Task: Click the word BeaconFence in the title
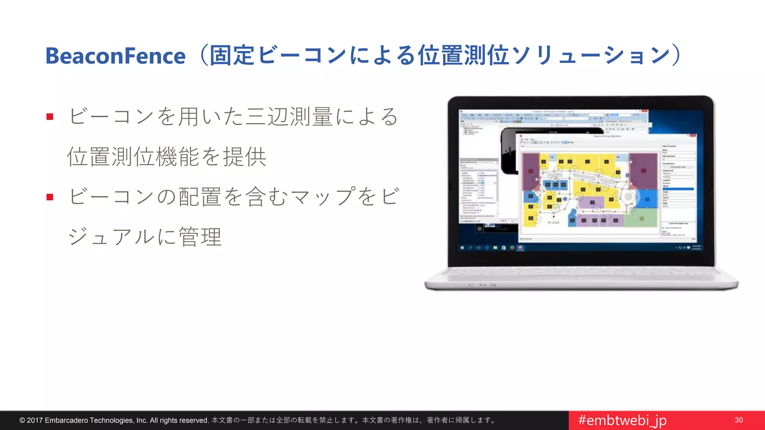tap(115, 56)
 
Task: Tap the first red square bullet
tap(50, 117)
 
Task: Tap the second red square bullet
tap(50, 197)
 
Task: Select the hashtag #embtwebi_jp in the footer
tap(622, 420)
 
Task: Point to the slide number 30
tap(738, 420)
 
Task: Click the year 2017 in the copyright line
tap(35, 420)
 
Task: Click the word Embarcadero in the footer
tap(66, 420)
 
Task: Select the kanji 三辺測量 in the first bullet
tap(289, 117)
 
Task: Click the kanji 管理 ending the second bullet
tap(201, 237)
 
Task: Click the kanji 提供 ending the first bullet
tap(245, 157)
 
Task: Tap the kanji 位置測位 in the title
tap(463, 56)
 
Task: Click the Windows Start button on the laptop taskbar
tap(462, 247)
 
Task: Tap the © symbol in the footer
tap(22, 420)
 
